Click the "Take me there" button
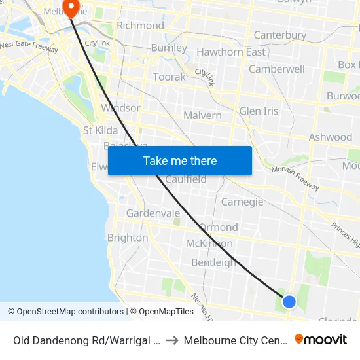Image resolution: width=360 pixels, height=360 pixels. [180, 160]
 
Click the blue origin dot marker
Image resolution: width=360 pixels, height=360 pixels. [289, 301]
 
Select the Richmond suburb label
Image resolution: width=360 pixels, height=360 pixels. [140, 26]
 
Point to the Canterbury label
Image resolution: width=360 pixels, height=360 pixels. [279, 35]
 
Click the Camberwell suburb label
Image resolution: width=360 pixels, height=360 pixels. [276, 69]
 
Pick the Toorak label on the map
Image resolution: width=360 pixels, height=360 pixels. [169, 77]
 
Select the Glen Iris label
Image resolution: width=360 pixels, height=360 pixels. [259, 111]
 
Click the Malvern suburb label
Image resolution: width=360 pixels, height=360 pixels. [202, 115]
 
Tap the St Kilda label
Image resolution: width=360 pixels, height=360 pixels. [100, 130]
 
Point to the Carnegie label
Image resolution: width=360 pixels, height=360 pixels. [242, 202]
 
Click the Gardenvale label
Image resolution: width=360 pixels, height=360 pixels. [153, 213]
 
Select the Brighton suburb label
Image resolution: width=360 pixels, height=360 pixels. [128, 238]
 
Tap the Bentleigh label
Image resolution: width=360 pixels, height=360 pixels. [214, 262]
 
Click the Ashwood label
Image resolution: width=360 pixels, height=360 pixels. [331, 137]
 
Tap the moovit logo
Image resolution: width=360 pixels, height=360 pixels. [321, 340]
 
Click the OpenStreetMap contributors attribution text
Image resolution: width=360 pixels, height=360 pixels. [65, 312]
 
